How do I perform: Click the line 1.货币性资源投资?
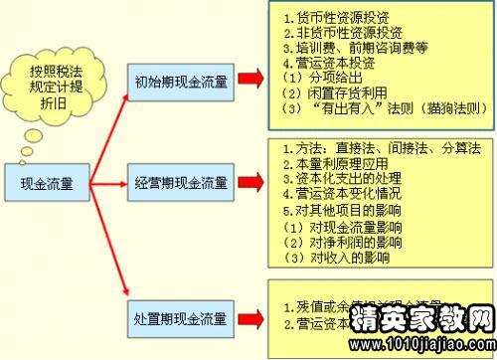coord(329,20)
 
